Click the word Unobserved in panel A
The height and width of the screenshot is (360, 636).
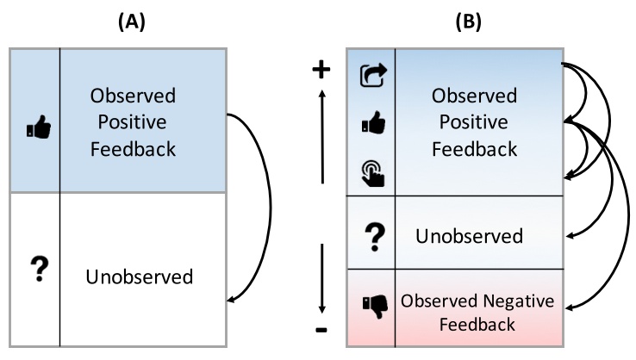[x=140, y=276]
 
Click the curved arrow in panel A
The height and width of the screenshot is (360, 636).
[x=269, y=207]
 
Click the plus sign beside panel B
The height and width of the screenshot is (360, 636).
[x=321, y=71]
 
